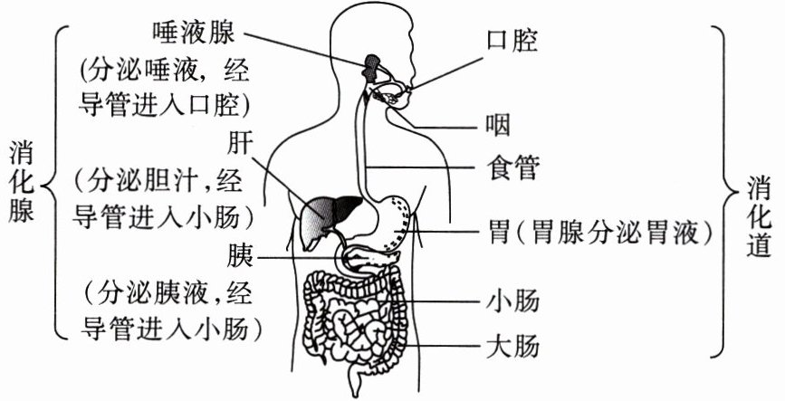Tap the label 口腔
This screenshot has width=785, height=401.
click(512, 41)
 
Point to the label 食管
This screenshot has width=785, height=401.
click(512, 168)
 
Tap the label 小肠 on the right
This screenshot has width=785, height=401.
click(512, 300)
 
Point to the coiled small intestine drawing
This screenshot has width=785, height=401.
click(353, 317)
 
